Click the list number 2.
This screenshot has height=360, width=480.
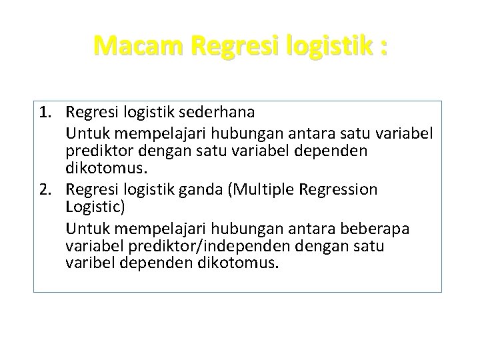click(46, 190)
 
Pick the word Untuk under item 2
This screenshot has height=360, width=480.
click(85, 230)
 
